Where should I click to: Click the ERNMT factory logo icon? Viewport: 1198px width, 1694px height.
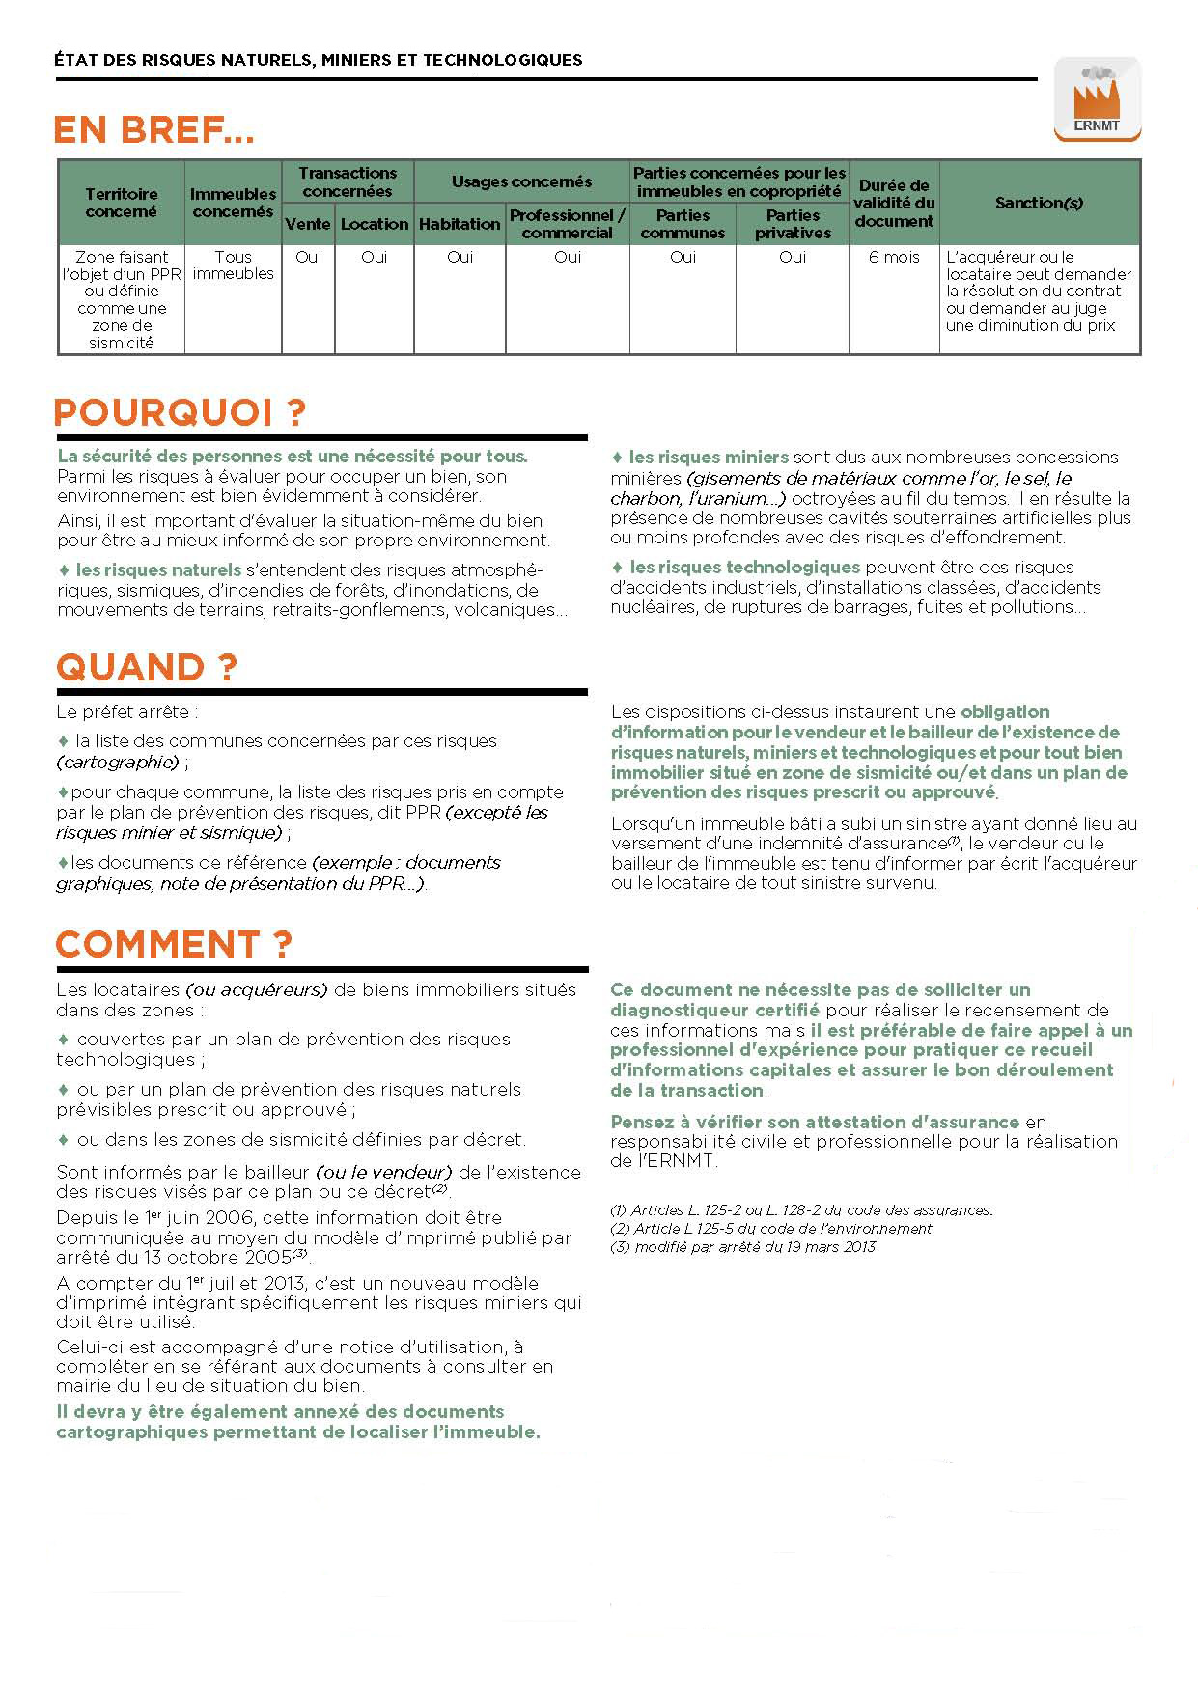point(1096,97)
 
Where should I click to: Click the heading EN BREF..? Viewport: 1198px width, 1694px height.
point(153,130)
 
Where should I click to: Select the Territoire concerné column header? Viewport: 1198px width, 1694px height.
point(121,203)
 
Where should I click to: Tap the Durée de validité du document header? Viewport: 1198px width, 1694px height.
point(894,203)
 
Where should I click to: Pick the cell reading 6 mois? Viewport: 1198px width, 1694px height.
point(894,257)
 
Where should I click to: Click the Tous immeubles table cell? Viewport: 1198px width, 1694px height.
point(233,265)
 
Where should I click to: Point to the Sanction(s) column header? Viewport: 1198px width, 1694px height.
point(1039,203)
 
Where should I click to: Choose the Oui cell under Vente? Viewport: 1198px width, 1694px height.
point(308,257)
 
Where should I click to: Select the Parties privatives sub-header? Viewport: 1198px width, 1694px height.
point(793,224)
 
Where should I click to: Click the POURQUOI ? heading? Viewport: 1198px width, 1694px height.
point(180,413)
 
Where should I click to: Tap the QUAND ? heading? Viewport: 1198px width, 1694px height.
point(146,668)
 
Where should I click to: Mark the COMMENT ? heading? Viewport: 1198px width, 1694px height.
point(174,944)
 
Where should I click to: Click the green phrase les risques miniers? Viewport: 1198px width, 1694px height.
point(709,458)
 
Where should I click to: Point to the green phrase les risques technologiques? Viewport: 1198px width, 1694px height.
point(744,568)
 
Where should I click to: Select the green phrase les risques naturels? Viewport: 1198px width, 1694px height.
point(158,570)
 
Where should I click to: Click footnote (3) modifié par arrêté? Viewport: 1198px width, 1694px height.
point(742,1247)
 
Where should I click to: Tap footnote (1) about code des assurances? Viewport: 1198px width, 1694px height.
point(801,1210)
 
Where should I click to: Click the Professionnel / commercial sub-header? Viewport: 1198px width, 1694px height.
point(568,224)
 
